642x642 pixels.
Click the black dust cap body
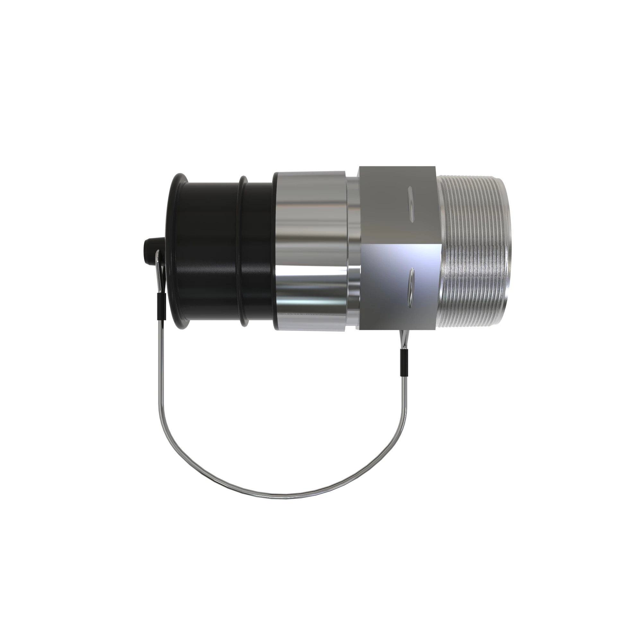(x=213, y=253)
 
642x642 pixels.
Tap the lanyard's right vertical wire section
(x=405, y=399)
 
